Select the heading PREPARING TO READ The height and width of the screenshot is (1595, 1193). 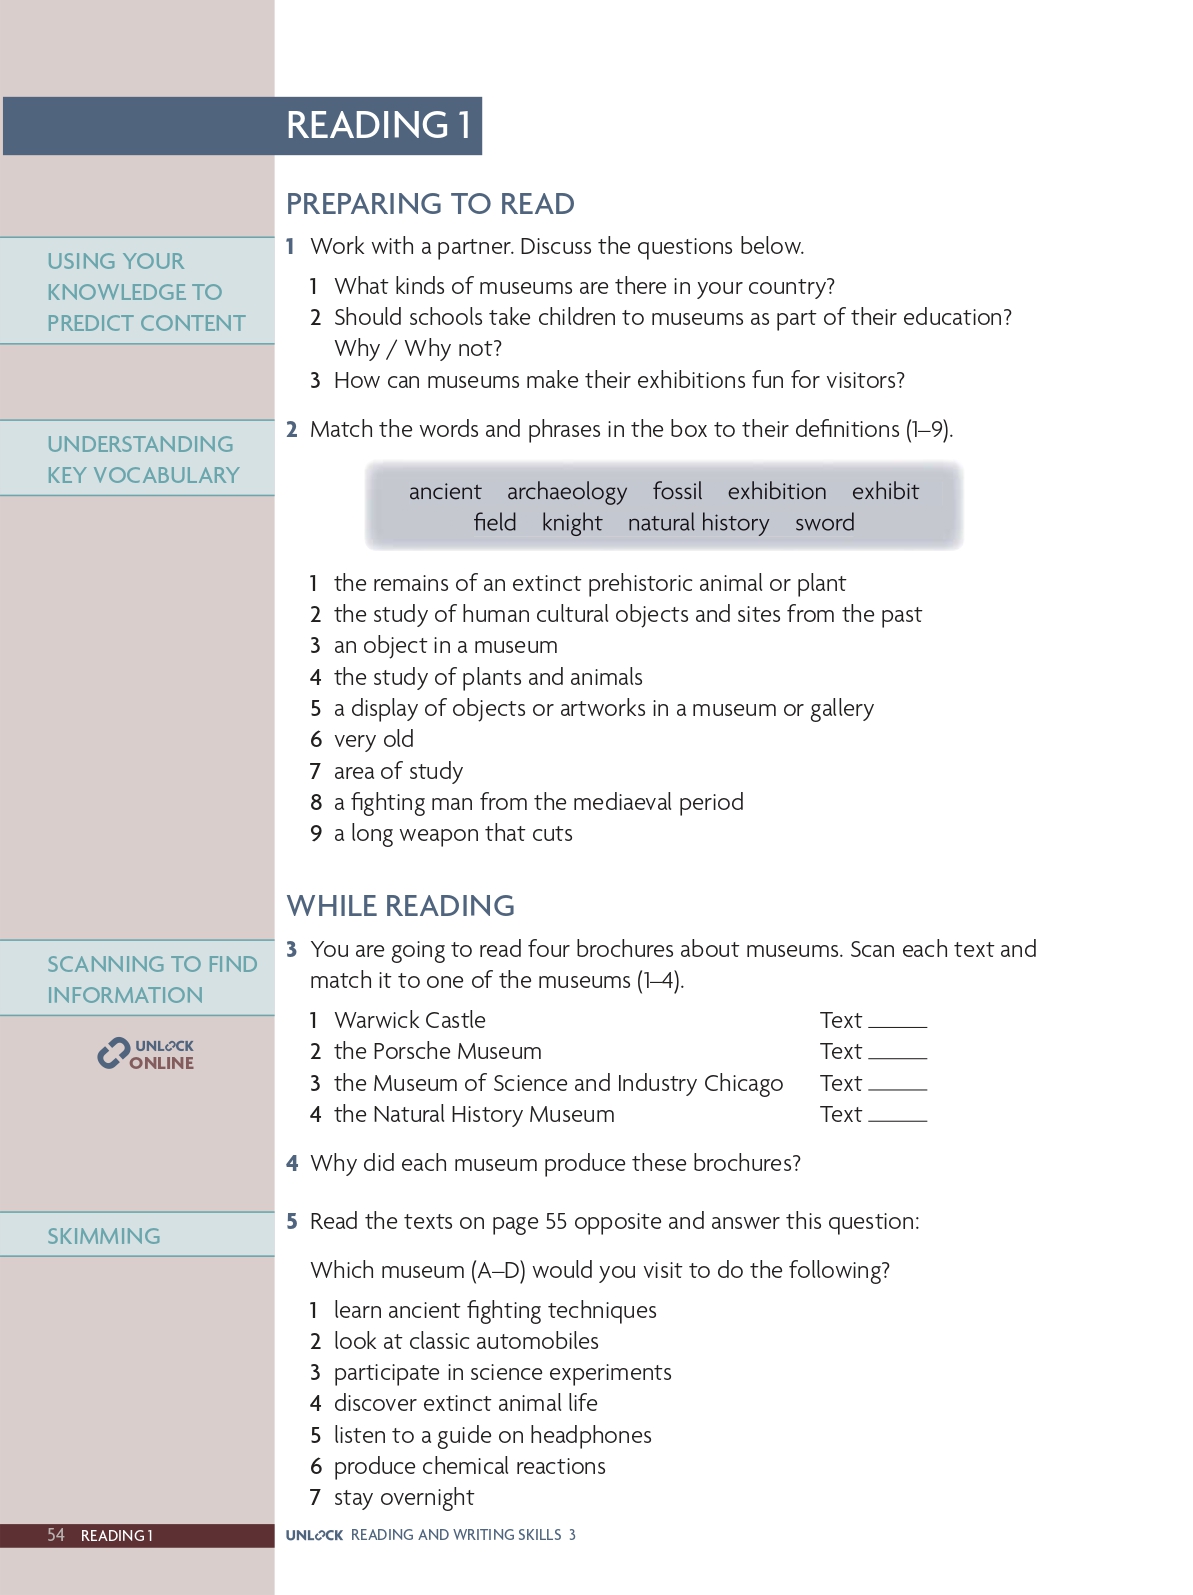[x=430, y=204]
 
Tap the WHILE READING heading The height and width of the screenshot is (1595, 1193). [x=400, y=906]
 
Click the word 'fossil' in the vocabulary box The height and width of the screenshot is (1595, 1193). [x=677, y=492]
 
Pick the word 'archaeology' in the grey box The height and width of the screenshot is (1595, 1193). [x=566, y=492]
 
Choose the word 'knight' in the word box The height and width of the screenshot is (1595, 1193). [x=572, y=523]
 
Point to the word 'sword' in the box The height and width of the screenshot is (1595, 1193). [x=824, y=523]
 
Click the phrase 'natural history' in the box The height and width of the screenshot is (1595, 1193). [x=698, y=523]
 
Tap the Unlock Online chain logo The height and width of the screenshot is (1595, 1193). [x=113, y=1054]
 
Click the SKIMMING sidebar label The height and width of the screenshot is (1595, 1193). [x=104, y=1236]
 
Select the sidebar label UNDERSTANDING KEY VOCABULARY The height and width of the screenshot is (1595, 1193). [x=143, y=459]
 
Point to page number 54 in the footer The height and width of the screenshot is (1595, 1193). [x=56, y=1535]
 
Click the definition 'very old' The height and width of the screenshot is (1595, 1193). [x=374, y=740]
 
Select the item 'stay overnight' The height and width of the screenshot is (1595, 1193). [x=404, y=1498]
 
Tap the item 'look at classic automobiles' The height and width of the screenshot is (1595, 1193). [x=466, y=1341]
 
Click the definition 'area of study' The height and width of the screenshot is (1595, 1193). [x=398, y=771]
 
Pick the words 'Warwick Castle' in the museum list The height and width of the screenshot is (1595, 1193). [x=410, y=1020]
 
